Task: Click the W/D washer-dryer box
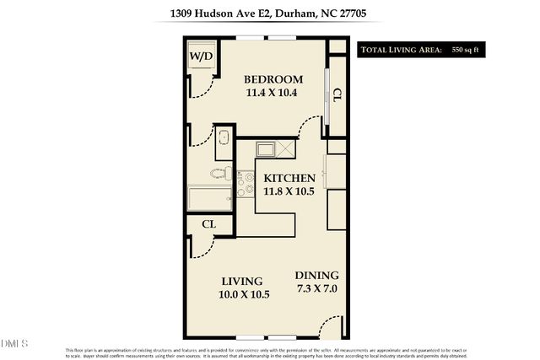(x=201, y=56)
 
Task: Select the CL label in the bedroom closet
(x=337, y=95)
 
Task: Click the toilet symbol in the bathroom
(x=221, y=174)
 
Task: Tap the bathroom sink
(x=224, y=138)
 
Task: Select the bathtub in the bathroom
(x=208, y=201)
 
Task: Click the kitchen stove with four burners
(x=246, y=184)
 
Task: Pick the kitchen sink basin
(x=267, y=151)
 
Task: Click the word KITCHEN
(x=289, y=179)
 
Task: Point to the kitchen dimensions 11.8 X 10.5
(x=289, y=191)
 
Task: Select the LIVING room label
(x=242, y=281)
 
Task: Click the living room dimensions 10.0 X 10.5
(x=245, y=294)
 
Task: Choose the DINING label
(x=316, y=276)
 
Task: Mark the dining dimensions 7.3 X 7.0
(x=316, y=288)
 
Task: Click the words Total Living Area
(x=402, y=50)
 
